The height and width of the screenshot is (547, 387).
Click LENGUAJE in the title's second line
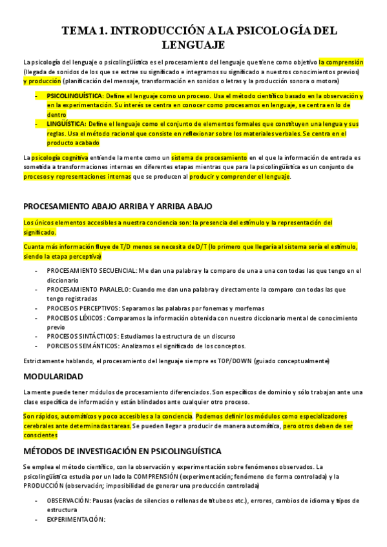[x=193, y=45]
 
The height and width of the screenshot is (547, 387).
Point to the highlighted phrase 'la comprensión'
[x=341, y=62]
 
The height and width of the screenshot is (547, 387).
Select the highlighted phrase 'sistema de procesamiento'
[x=210, y=157]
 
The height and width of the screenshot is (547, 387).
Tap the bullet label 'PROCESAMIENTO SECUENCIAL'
[x=91, y=272]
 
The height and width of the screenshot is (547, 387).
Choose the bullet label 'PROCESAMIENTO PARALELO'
[x=88, y=290]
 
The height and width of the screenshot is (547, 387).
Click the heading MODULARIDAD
[x=53, y=375]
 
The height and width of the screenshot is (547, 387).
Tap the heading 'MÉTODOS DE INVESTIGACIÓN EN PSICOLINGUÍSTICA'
[x=122, y=450]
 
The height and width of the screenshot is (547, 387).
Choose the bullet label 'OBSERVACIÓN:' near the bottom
[x=72, y=500]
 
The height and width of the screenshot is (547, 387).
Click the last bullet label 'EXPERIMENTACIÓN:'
[x=76, y=519]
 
